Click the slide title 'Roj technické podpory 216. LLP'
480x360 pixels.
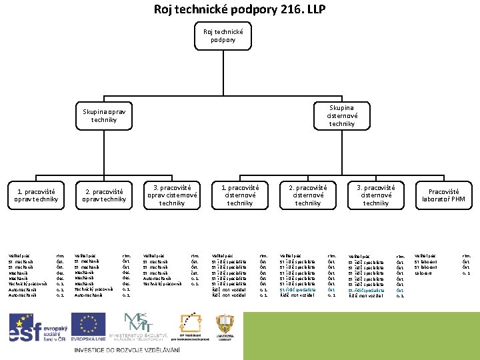(239, 9)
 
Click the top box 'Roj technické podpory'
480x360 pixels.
(223, 35)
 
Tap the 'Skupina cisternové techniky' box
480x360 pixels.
(341, 115)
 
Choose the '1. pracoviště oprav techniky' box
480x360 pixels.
(37, 195)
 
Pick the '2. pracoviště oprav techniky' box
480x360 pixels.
(104, 195)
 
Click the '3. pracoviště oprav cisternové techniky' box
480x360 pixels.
(172, 195)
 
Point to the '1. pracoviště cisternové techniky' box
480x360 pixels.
(240, 195)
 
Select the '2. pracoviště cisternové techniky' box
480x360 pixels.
(308, 195)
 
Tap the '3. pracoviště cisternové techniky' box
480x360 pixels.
(376, 195)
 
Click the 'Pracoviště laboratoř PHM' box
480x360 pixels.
(447, 195)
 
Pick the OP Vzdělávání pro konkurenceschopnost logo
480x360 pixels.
(191, 326)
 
